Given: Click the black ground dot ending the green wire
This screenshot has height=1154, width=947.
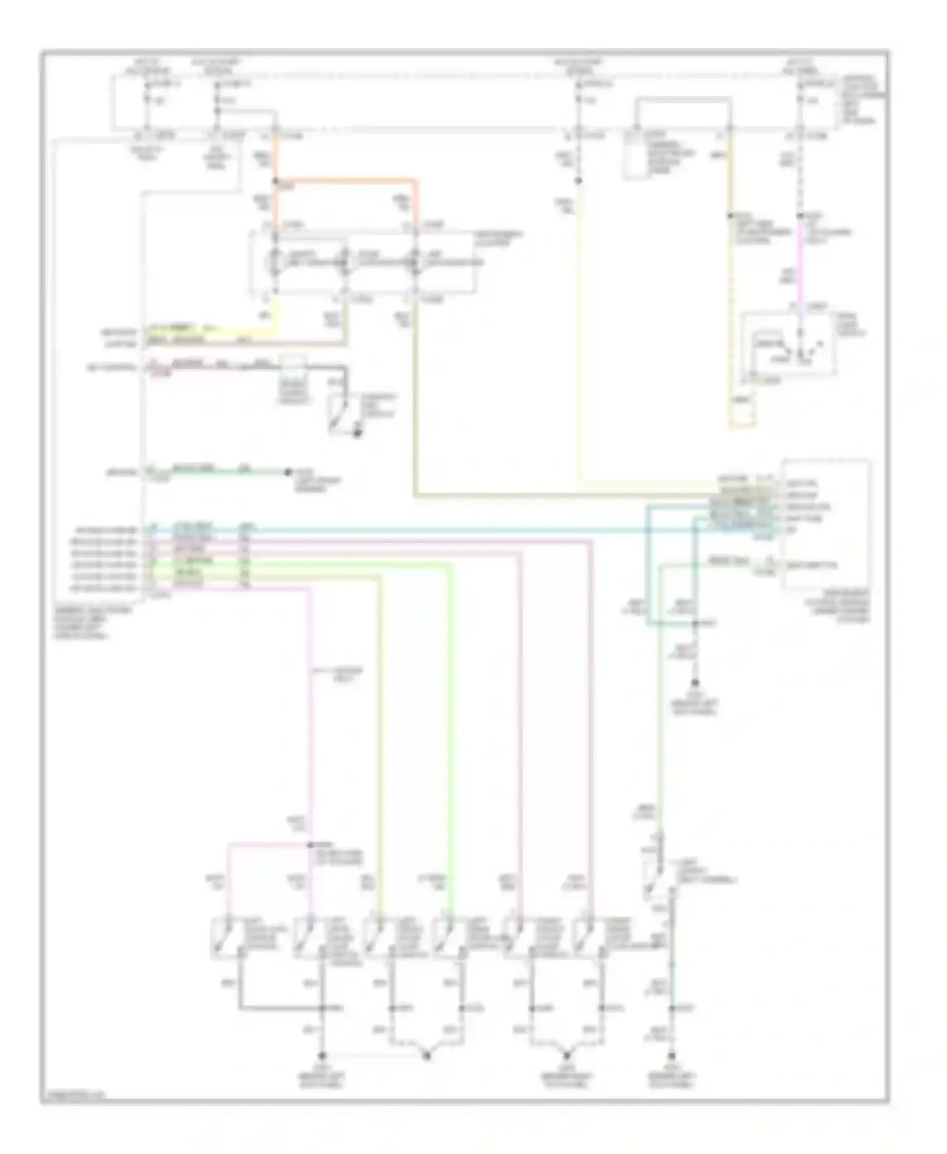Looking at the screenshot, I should (288, 472).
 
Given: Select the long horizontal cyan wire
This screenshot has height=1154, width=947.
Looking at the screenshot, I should (442, 530).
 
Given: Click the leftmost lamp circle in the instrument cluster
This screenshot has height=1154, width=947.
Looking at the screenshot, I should (275, 261).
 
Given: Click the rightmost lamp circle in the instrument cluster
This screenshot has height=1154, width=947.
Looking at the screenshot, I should (415, 261).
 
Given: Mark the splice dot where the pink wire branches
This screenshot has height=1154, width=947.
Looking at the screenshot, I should (310, 844).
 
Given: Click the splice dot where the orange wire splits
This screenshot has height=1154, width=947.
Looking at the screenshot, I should (275, 181).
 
